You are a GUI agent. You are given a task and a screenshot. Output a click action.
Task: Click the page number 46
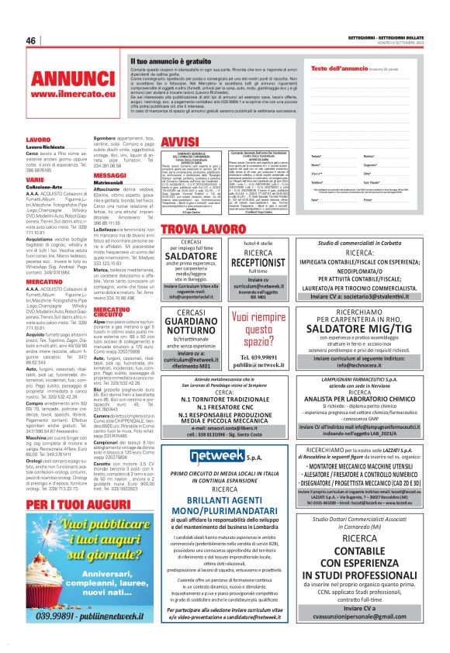point(31,40)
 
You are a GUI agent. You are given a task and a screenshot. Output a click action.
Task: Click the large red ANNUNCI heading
point(74,80)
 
